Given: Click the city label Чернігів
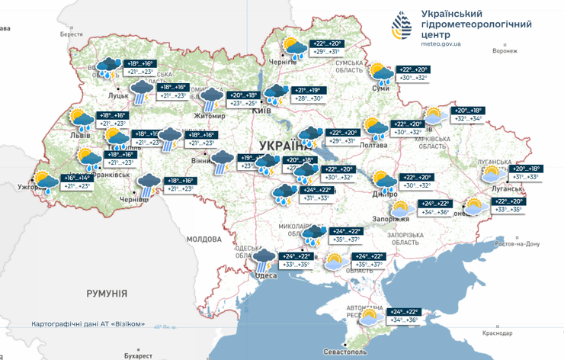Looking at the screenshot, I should pyautogui.click(x=284, y=63).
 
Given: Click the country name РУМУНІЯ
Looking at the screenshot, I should pyautogui.click(x=107, y=293).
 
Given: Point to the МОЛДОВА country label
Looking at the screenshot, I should pyautogui.click(x=203, y=239).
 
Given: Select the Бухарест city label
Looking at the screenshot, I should pyautogui.click(x=138, y=355).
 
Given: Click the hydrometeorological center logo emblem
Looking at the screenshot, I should pyautogui.click(x=402, y=27).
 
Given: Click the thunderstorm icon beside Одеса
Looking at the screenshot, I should pyautogui.click(x=264, y=261).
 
